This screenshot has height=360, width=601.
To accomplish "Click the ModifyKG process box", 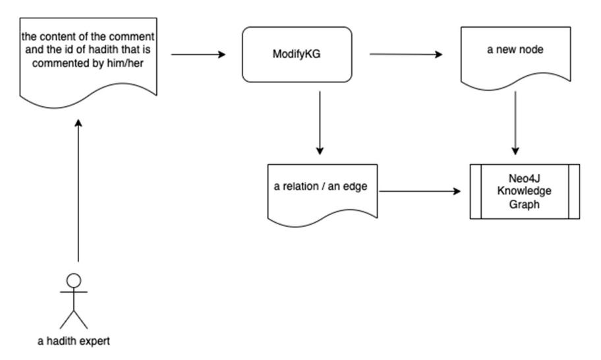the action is pos(297,55).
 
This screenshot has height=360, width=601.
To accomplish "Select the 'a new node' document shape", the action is pos(515,57).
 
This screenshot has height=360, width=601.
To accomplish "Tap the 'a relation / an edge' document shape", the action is pos(322,195).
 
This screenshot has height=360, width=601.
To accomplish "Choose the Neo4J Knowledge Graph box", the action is pos(525,192).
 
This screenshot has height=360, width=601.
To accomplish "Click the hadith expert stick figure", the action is pos(74,301).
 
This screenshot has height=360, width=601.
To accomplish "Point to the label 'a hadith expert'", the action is pos(74,341).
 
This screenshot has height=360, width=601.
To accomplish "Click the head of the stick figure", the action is pos(74,281).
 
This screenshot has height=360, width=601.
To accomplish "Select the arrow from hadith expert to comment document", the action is pos(78,191).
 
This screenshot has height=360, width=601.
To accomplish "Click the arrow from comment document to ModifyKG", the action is pos(198,55).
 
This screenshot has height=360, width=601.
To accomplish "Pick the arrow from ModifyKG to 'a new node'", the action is pos(406,55).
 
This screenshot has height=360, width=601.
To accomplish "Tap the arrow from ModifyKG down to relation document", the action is pos(320,123).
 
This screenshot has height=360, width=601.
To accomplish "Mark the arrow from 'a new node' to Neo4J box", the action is pos(515,123).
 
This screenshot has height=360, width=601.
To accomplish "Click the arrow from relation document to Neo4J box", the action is pos(420,191).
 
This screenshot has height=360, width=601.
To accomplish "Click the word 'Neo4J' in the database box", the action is pos(525,178).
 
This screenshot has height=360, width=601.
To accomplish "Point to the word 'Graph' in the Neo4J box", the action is pos(525,204).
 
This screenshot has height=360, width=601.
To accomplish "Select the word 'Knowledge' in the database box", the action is pos(525,191).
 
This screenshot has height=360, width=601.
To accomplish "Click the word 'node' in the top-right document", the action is pos(531,49).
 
